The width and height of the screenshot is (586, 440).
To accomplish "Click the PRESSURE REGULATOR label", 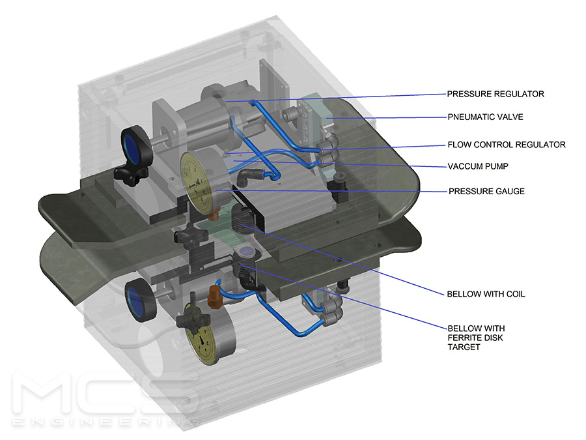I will point(495,94).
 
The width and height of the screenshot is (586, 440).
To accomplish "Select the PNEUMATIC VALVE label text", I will point(485,117).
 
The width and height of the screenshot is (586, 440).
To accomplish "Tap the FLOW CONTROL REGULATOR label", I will point(506,145).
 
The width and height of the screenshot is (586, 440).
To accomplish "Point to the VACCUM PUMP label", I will point(478,166).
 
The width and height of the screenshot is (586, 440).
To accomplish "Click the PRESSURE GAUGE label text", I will point(486,192).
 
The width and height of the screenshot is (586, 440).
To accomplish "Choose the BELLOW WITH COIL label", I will point(486,294).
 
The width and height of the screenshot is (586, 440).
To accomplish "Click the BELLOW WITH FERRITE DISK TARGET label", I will point(476,337).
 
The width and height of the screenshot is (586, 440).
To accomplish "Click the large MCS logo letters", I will point(104,394).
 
